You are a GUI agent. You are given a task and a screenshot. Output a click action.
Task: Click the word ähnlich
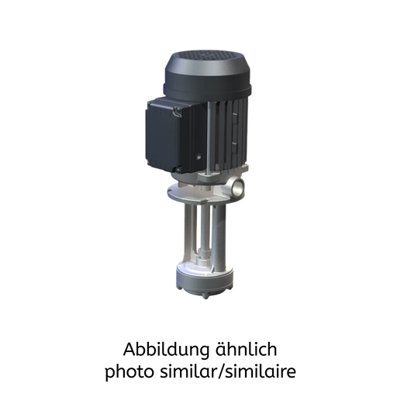coord(246,349)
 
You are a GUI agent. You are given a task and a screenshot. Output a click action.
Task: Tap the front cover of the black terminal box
coord(162,136)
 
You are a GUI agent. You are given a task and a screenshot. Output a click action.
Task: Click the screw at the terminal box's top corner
coord(178,112)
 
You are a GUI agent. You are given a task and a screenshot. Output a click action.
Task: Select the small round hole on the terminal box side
coord(198,157)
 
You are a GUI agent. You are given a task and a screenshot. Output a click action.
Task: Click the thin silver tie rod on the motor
coord(209,137)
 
